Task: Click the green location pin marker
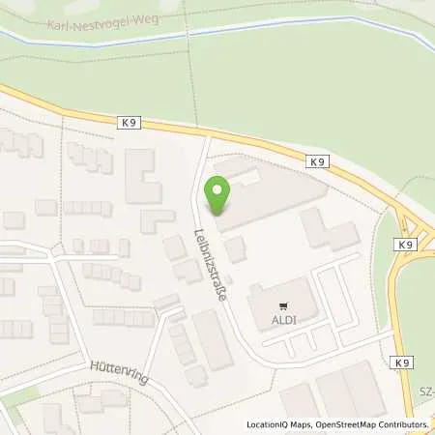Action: point(218,196)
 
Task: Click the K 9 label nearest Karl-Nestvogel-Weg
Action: point(131,122)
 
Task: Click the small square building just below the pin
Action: point(236,248)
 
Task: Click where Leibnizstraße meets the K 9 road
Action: point(206,138)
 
